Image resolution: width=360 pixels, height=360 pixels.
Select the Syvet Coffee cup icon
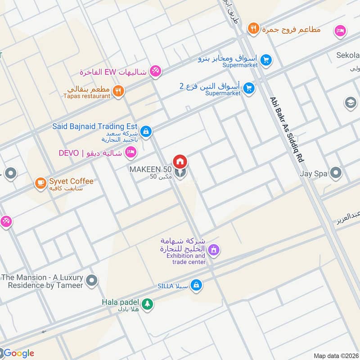(x=40, y=183)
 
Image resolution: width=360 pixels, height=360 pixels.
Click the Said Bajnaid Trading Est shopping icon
(x=145, y=131)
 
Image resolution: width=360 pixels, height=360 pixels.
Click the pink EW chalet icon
(x=155, y=71)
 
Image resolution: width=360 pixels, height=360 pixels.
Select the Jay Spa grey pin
(x=336, y=172)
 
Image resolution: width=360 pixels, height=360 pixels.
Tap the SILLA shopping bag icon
(x=196, y=285)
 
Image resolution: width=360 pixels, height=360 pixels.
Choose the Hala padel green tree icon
(x=147, y=305)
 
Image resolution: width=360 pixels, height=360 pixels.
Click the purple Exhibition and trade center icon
(x=214, y=249)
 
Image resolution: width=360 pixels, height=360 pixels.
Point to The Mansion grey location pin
(x=92, y=281)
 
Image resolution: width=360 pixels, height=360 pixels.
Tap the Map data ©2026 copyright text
(x=336, y=355)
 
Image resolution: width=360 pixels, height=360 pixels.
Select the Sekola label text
(x=348, y=55)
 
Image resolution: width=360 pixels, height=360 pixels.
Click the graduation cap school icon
(x=350, y=103)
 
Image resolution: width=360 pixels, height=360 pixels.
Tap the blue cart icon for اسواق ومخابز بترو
(x=266, y=59)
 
